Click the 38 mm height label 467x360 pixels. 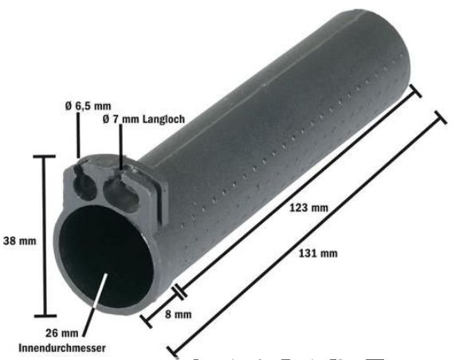(18, 240)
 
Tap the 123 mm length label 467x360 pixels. (310, 208)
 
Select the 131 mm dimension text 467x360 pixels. (317, 254)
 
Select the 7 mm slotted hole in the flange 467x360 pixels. (117, 190)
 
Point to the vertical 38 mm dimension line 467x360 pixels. (44, 239)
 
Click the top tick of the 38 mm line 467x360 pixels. (44, 158)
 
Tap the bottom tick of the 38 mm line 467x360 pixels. (44, 317)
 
